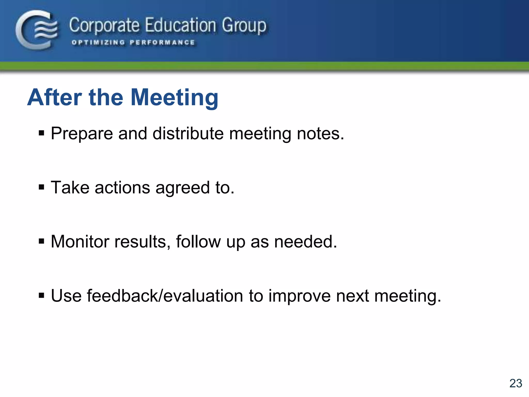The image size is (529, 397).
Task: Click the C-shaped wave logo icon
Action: coord(36,30)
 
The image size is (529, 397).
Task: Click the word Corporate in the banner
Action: coord(104,26)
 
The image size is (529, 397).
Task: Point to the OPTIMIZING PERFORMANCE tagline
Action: coord(133,43)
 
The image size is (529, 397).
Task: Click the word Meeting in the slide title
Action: coord(175,98)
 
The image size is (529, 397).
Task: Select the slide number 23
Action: coord(516,383)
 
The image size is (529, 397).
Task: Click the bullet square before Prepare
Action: coord(41,133)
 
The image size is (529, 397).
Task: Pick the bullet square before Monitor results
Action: coord(41,241)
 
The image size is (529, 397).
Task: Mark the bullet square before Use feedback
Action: coord(41,295)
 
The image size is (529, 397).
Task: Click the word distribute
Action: coord(188,134)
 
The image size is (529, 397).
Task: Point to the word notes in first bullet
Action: coord(320,134)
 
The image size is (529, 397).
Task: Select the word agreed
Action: coord(182,188)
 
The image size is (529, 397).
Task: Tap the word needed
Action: coord(305,242)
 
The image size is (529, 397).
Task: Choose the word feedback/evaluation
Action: coord(165,296)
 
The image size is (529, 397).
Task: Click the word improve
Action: coord(299,296)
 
